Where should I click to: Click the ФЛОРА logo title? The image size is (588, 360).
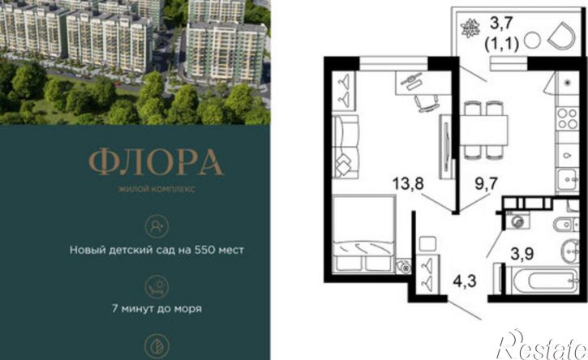[x=157, y=162]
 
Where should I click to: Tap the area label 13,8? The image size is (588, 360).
[x=408, y=184]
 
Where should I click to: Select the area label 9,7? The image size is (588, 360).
[x=486, y=184]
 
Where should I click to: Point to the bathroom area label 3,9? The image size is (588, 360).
[x=522, y=254]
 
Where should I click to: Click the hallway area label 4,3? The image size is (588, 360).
[x=465, y=281]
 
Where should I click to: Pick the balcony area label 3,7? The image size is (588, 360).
[x=501, y=24]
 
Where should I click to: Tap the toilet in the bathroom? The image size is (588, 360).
[x=567, y=224]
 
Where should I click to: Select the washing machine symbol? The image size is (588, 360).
[x=518, y=221]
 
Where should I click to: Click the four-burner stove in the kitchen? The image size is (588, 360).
[x=568, y=118]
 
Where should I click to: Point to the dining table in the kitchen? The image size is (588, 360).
[x=483, y=130]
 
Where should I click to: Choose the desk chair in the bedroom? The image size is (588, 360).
[x=427, y=102]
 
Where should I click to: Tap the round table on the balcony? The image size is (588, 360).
[x=532, y=41]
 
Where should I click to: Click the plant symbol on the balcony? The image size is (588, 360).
[x=470, y=29]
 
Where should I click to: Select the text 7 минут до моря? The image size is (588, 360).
[x=157, y=309]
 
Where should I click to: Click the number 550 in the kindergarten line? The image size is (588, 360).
[x=204, y=250]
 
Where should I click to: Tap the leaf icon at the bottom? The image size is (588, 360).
[x=157, y=346]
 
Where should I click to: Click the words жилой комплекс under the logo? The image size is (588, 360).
[x=157, y=189]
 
